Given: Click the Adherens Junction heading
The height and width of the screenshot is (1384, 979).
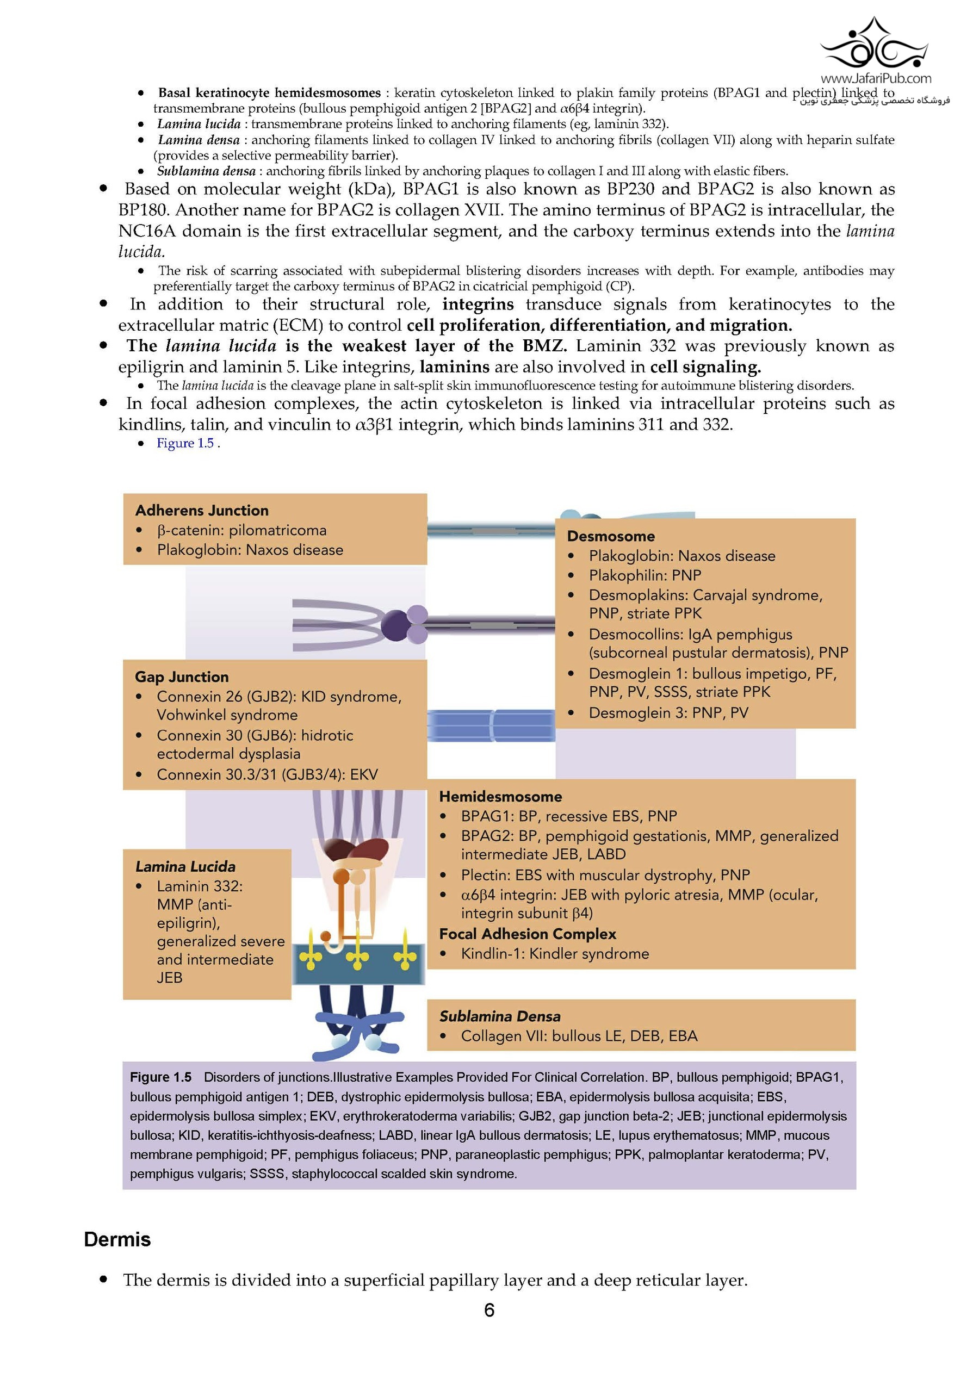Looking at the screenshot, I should [201, 511].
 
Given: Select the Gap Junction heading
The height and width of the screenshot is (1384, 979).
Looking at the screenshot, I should [182, 677].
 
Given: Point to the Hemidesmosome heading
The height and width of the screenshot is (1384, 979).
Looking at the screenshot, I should [500, 796].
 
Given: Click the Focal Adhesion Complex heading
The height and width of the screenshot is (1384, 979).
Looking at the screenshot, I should [527, 934].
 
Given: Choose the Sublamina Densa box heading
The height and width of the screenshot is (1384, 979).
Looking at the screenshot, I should [499, 1016].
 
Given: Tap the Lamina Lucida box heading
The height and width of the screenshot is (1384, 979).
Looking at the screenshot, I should [185, 866].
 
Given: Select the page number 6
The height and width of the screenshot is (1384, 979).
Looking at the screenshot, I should [489, 1311].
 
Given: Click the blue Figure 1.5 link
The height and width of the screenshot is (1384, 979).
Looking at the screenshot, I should [185, 443].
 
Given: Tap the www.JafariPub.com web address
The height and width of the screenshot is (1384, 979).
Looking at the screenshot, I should [875, 78].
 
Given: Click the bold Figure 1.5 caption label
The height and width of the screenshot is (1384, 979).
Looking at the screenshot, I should [160, 1077].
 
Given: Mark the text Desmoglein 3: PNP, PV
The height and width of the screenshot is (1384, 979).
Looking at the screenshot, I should [668, 712].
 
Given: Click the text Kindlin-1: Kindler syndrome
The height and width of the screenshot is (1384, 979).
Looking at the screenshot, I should [555, 954].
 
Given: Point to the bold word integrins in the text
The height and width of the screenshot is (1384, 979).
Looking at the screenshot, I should [478, 305].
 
